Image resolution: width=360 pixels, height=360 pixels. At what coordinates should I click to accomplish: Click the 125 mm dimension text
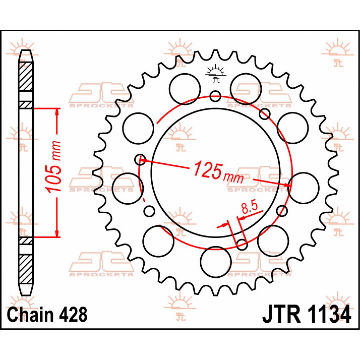[x=218, y=173]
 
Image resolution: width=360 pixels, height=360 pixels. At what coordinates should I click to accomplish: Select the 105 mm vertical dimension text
[x=54, y=166]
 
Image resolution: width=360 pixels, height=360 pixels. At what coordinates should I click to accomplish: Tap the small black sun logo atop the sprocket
[x=215, y=74]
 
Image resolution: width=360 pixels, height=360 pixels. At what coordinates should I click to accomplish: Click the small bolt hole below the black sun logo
[x=215, y=96]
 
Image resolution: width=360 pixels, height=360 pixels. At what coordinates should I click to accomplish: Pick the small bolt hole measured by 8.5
[x=242, y=245]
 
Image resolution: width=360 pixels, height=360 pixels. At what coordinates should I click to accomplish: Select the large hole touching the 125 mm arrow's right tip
[x=303, y=188]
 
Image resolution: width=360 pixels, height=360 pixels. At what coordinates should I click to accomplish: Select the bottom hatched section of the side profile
[x=25, y=269]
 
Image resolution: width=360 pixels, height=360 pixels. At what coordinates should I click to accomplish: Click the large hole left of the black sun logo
[x=185, y=89]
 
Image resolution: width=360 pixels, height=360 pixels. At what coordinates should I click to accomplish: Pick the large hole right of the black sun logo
[x=246, y=89]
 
